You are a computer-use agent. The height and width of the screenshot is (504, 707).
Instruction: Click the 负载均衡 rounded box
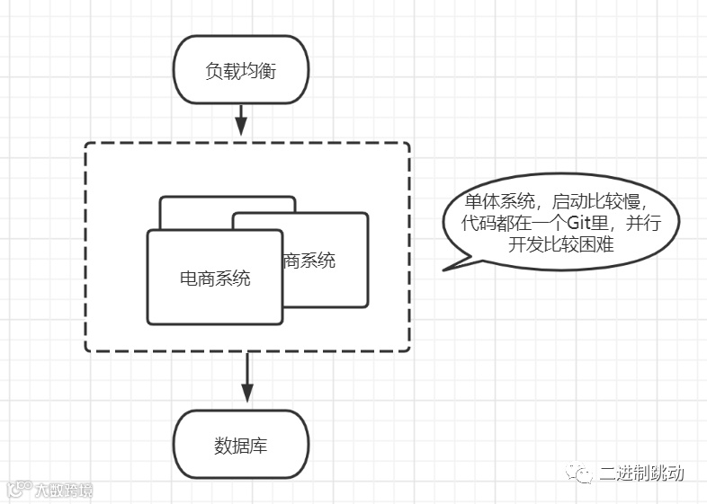click(240, 70)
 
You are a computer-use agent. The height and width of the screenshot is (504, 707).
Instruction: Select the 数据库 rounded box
click(240, 446)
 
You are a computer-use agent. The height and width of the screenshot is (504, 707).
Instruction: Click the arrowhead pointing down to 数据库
click(247, 393)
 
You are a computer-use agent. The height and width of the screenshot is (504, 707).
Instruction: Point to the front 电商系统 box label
click(215, 278)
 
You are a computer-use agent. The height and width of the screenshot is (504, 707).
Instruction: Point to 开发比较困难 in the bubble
click(560, 243)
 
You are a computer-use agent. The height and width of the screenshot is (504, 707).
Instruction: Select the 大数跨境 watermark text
click(63, 491)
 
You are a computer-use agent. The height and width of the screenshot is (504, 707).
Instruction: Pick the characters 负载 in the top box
click(219, 70)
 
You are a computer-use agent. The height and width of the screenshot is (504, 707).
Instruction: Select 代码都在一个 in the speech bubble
click(514, 223)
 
